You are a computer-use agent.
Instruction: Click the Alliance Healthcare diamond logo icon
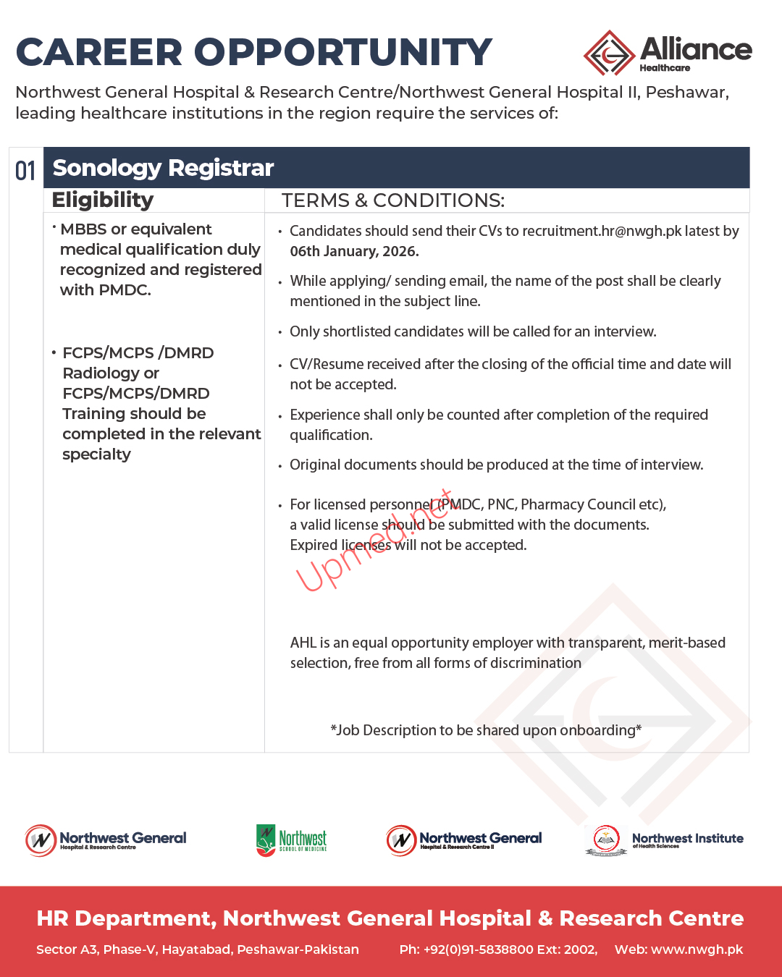point(609,53)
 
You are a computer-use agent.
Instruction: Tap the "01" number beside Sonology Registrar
point(25,171)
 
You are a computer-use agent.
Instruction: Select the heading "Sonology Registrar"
point(163,168)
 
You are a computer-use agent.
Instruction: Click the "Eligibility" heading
point(103,200)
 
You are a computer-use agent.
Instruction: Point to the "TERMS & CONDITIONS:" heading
point(392,200)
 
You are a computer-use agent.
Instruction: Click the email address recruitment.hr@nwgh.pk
point(602,231)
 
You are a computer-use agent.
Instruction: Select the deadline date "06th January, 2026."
point(354,251)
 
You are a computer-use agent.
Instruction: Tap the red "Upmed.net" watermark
point(374,541)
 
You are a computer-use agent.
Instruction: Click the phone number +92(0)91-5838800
point(478,949)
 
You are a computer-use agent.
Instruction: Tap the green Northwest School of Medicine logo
point(266,839)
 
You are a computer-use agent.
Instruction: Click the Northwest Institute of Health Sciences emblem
point(605,840)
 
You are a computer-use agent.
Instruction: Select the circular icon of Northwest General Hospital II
point(401,840)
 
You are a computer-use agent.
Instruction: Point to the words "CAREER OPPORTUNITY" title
point(253,52)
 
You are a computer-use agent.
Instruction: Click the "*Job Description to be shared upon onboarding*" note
point(486,730)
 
